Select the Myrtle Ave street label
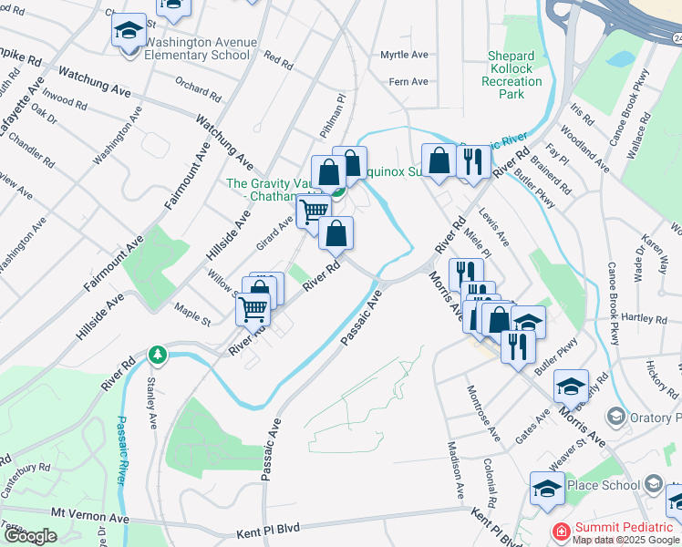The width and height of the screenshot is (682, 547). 404,56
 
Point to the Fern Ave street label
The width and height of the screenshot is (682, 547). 408,82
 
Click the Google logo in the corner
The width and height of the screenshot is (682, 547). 30,536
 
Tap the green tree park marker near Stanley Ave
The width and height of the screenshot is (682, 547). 159,354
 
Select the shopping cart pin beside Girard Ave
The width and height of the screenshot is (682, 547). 313,211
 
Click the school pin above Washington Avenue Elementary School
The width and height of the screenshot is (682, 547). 129,30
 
